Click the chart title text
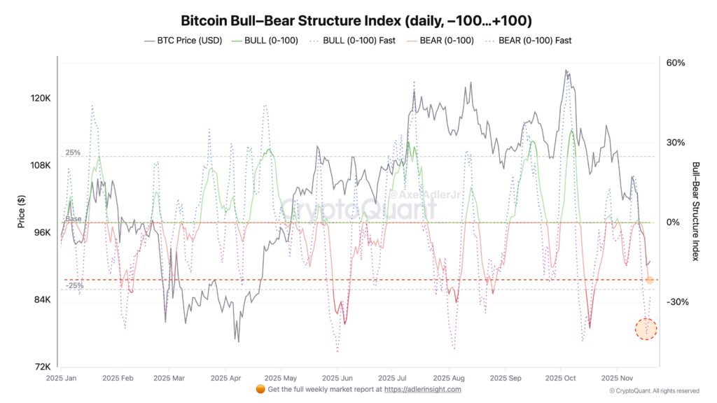358,20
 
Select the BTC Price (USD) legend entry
183,41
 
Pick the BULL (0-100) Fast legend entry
356,41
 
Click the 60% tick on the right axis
675,63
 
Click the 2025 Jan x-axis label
62,378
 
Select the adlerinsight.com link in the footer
423,389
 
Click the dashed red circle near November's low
646,329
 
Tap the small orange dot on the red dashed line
649,280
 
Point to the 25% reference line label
74,153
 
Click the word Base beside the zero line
74,219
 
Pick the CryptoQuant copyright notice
654,391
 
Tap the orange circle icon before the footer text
260,389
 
